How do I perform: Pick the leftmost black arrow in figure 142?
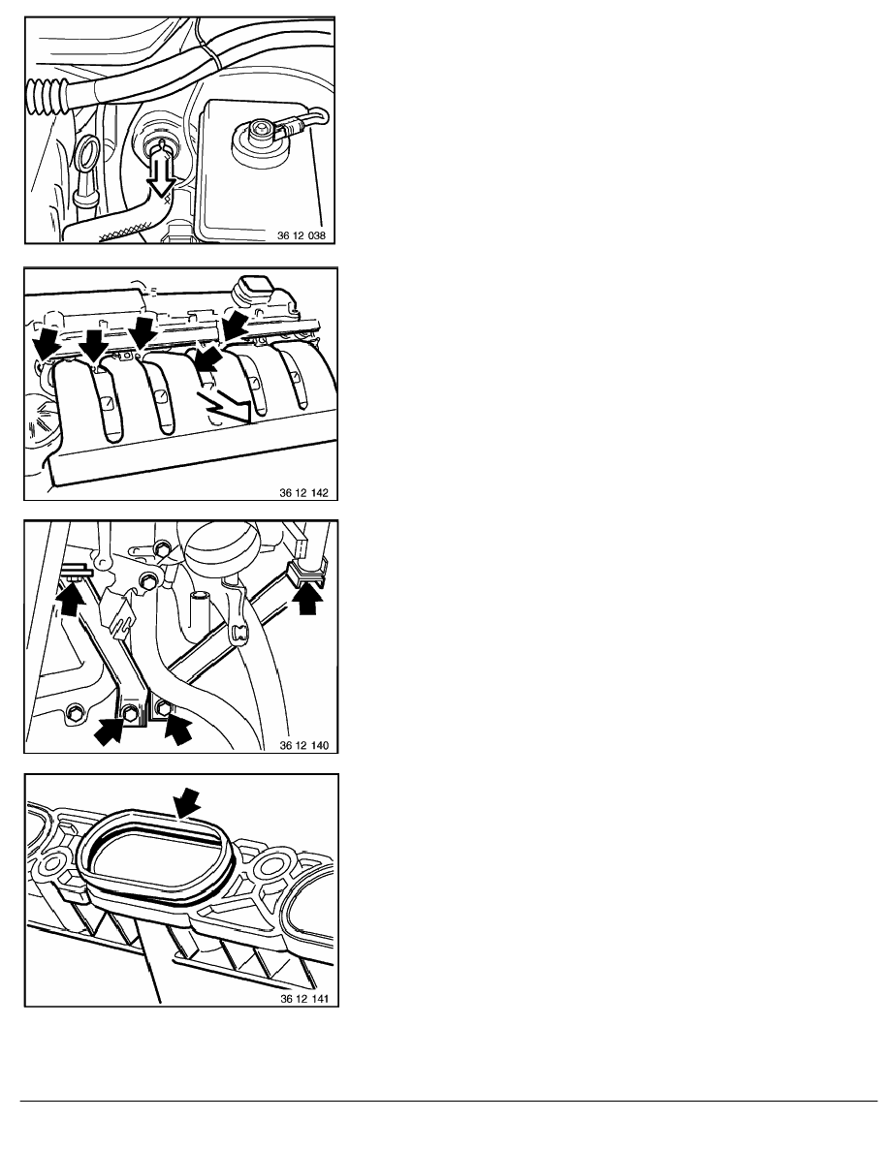click(x=45, y=345)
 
